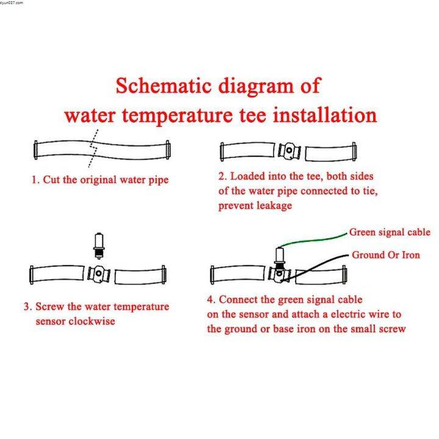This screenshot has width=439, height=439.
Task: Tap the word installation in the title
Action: point(325,115)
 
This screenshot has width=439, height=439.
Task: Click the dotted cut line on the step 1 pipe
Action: point(93,148)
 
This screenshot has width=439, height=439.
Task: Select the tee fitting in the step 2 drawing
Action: point(289,151)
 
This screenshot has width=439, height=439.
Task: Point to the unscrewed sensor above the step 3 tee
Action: point(99,246)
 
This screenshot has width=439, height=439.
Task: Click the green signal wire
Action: point(313,240)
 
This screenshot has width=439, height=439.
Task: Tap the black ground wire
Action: point(315,267)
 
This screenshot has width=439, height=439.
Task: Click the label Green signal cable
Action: point(390,232)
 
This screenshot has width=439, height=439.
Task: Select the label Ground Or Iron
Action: point(386,255)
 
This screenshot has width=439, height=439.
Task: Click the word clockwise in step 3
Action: point(91,321)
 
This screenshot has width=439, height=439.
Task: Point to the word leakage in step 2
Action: point(274,206)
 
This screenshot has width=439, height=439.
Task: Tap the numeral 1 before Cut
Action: point(34,180)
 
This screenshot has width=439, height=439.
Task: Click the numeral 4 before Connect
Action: point(211,299)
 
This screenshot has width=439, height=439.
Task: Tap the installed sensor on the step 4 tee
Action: point(279,257)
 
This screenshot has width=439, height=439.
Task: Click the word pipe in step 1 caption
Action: point(159,180)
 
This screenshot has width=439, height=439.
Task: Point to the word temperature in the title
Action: point(177,116)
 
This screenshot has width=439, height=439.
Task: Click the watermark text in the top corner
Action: point(12,2)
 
